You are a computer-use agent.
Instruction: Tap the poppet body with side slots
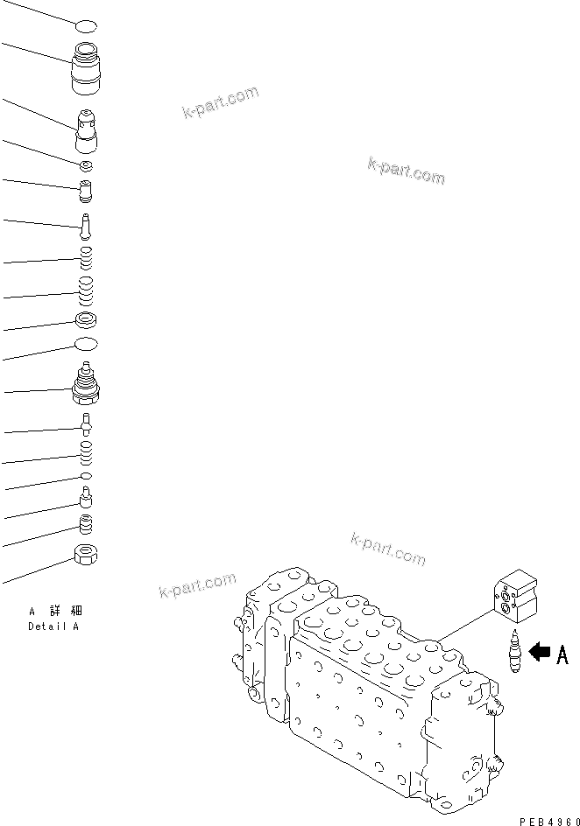click(87, 131)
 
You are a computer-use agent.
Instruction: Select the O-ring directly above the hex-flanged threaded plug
click(86, 345)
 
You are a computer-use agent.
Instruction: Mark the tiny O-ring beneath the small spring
click(86, 476)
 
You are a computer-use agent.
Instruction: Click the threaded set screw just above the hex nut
click(86, 523)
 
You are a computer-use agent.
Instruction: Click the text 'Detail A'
click(53, 626)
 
